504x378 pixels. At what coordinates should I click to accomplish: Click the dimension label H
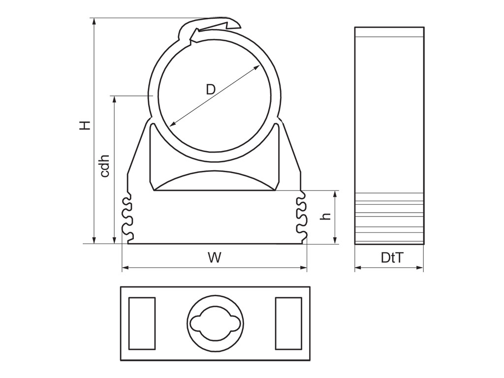85,126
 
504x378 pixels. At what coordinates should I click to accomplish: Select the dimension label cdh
105,166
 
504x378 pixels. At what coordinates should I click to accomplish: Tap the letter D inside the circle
211,89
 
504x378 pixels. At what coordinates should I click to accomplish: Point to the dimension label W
215,257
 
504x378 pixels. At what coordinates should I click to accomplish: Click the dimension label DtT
392,257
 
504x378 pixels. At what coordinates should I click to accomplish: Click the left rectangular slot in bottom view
142,323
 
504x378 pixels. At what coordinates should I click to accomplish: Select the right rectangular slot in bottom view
288,323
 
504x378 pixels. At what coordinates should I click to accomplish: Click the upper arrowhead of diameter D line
257,67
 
